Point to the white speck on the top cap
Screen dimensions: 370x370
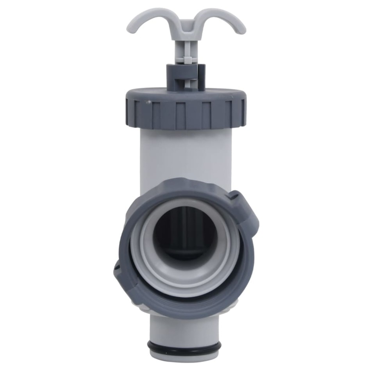[148, 102]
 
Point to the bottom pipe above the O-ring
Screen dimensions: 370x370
[184, 330]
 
